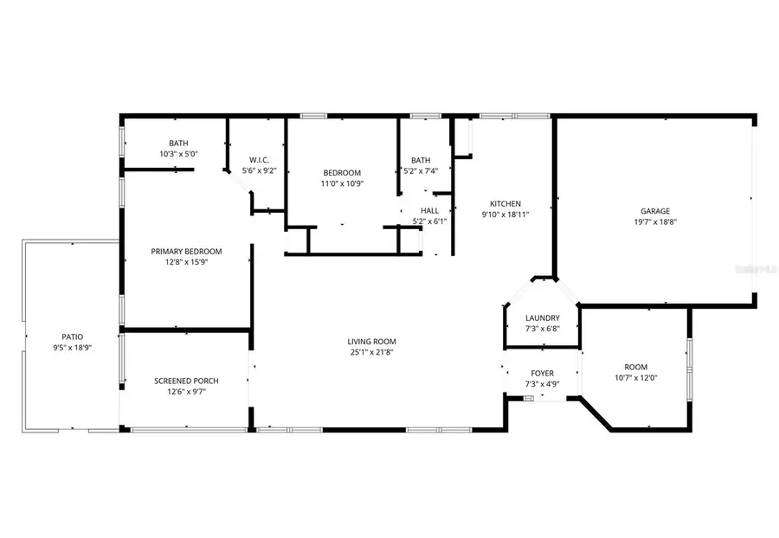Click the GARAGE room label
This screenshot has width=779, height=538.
[655, 210]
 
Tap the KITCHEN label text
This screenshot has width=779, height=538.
[505, 203]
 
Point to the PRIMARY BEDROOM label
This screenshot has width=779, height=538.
[186, 252]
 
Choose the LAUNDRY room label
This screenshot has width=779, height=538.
[542, 318]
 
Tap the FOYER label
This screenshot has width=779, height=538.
[542, 374]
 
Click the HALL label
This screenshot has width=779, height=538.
[429, 210]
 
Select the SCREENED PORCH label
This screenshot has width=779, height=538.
[186, 381]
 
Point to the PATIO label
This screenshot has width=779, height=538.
[72, 336]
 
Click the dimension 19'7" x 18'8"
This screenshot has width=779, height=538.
[655, 221]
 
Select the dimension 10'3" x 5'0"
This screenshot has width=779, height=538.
[178, 154]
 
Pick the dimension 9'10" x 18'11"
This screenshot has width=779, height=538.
[505, 215]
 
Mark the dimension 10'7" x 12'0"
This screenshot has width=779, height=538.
[635, 378]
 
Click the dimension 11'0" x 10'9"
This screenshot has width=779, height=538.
[342, 183]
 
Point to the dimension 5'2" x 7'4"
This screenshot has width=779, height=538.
[422, 171]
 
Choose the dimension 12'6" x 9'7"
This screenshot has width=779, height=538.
[186, 392]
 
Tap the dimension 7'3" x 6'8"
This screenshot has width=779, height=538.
[542, 330]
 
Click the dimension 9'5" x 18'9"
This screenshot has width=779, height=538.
[72, 348]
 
